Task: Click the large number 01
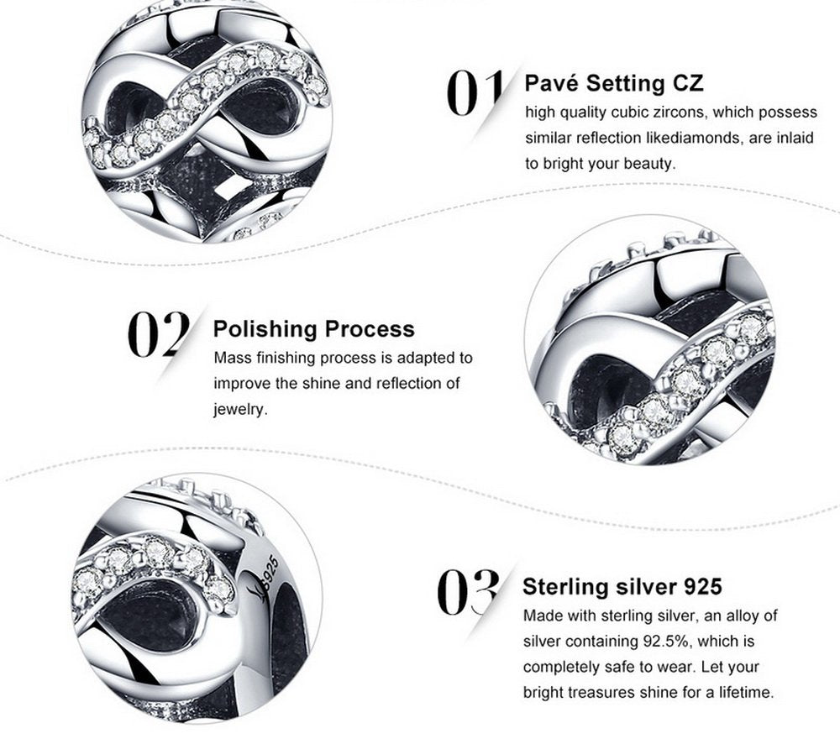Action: [x=475, y=92]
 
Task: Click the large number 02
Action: [x=159, y=334]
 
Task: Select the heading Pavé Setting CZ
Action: [x=614, y=84]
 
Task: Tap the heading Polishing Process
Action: [x=314, y=329]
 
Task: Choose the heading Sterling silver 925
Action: [x=622, y=586]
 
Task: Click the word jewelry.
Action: [x=240, y=410]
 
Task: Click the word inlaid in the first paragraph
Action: [x=795, y=138]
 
